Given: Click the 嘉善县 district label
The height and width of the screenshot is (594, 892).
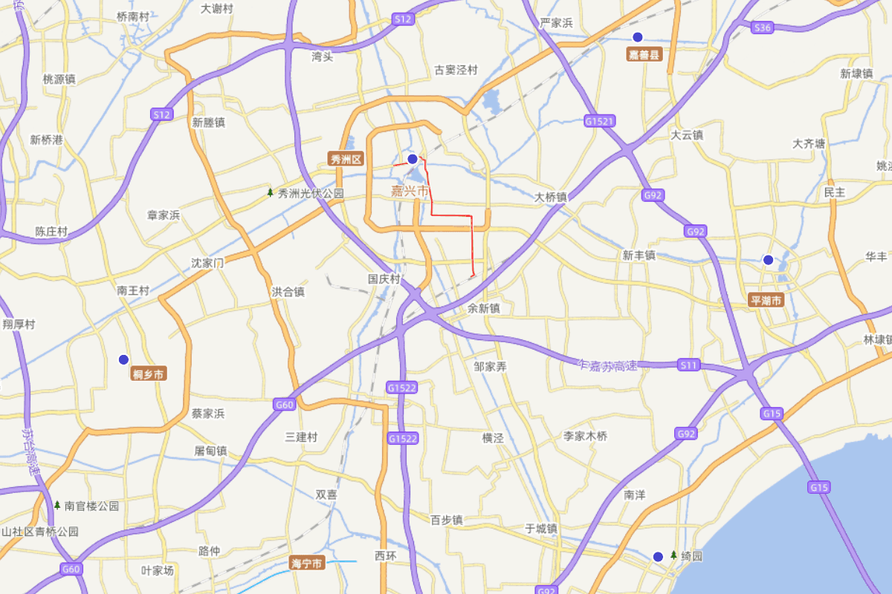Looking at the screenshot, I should tap(644, 55).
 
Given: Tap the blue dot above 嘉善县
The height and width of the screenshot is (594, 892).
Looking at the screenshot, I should tap(637, 37).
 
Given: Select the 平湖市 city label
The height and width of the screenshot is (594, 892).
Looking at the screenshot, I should tap(766, 301).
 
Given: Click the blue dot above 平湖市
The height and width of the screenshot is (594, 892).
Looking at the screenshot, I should tap(768, 260).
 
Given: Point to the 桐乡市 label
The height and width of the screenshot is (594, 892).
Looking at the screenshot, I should tap(148, 374).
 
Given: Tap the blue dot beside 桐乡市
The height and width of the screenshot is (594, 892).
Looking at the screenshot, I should tap(124, 359).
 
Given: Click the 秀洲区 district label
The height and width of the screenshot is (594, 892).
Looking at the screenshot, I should tap(346, 159).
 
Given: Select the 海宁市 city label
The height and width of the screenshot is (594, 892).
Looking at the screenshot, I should tap(308, 564).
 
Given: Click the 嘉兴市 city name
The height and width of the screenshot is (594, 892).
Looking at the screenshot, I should tap(410, 192).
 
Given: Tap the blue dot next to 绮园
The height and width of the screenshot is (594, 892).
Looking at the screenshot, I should tap(658, 556).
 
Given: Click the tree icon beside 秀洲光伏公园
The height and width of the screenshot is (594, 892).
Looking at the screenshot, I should tap(271, 193).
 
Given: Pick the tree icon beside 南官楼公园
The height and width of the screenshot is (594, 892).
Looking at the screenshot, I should tap(57, 505).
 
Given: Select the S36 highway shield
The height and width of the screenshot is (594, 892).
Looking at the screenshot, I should tap(763, 27).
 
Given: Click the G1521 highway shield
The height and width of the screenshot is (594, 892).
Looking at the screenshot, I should tap(600, 120).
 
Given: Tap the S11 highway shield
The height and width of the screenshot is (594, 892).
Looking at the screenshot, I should tap(689, 365).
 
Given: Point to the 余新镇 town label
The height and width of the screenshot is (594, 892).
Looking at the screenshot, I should tap(484, 308).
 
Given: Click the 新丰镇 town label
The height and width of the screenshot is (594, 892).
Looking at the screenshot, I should tap(639, 255).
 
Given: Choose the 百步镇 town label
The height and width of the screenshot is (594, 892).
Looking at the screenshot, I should tap(447, 520).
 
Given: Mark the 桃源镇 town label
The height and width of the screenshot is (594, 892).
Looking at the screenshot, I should tap(59, 79).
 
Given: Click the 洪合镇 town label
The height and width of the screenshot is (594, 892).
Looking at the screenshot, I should tap(288, 292).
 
